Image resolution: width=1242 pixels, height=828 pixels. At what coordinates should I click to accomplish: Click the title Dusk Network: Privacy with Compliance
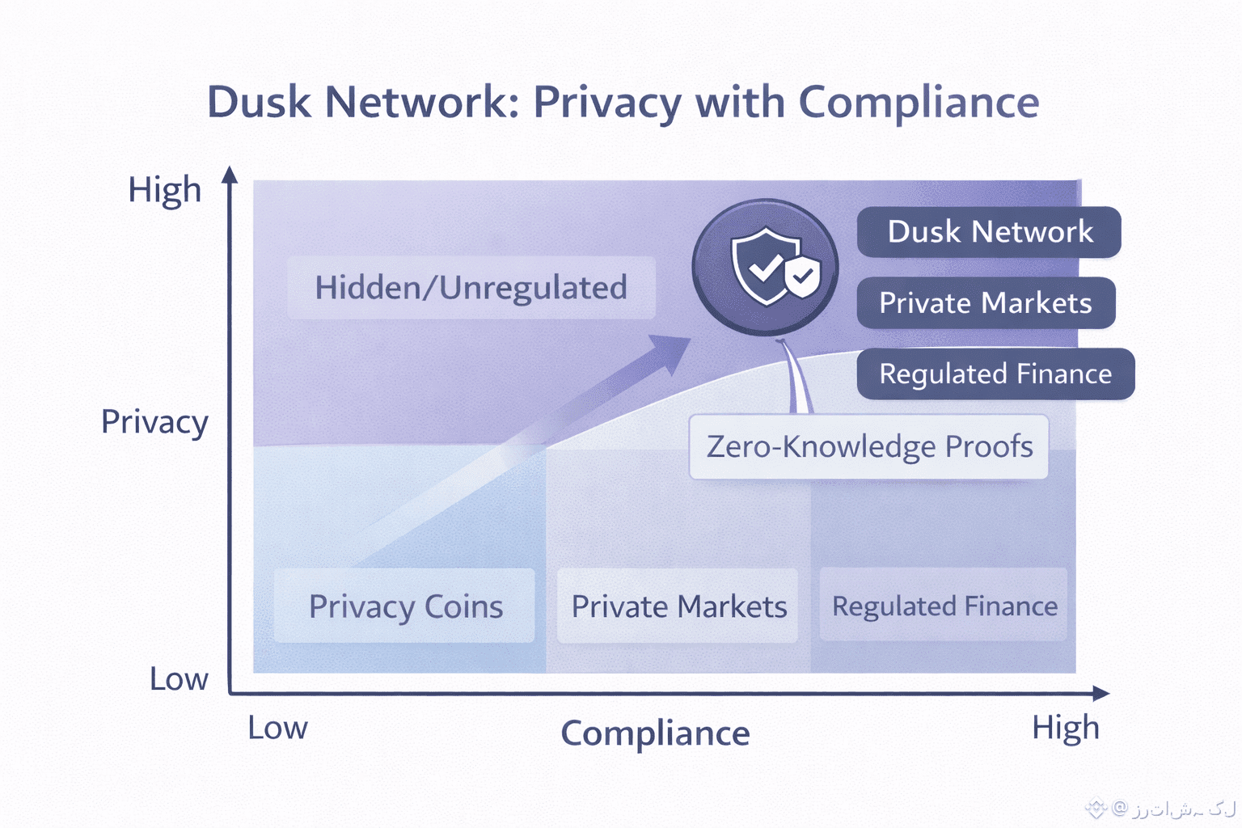point(623,103)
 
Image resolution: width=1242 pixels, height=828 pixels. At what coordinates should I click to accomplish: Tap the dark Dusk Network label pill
point(989,232)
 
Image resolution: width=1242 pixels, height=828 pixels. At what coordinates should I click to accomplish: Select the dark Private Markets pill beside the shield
point(986,303)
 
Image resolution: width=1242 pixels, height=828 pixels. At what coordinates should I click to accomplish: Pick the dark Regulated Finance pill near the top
point(995,374)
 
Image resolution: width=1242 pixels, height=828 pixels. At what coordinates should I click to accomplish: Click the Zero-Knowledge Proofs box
point(869,446)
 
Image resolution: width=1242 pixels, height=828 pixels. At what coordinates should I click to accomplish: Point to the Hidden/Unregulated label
point(471,288)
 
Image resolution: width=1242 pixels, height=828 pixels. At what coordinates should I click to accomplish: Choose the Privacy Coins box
point(405,606)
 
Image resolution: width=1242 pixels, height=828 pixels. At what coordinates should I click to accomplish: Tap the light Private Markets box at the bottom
point(678,606)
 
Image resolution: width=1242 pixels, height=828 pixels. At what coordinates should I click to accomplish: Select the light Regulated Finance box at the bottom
point(944,606)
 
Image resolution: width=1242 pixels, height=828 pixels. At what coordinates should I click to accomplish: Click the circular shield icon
point(765,267)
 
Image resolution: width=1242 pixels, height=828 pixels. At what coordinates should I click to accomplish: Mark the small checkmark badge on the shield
point(802,277)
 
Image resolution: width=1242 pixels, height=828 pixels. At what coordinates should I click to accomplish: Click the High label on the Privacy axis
point(165,191)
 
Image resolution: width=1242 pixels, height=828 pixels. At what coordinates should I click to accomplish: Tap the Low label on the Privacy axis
point(179,679)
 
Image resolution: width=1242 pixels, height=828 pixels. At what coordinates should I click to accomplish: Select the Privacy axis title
point(154,422)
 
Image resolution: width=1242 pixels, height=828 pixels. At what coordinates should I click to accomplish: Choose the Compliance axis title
point(655,733)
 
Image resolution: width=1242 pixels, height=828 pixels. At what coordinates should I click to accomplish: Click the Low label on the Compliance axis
point(277,729)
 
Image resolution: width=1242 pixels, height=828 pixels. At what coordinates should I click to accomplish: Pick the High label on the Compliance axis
point(1065,729)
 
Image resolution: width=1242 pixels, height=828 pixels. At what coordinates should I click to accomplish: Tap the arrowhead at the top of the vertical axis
point(230,175)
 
